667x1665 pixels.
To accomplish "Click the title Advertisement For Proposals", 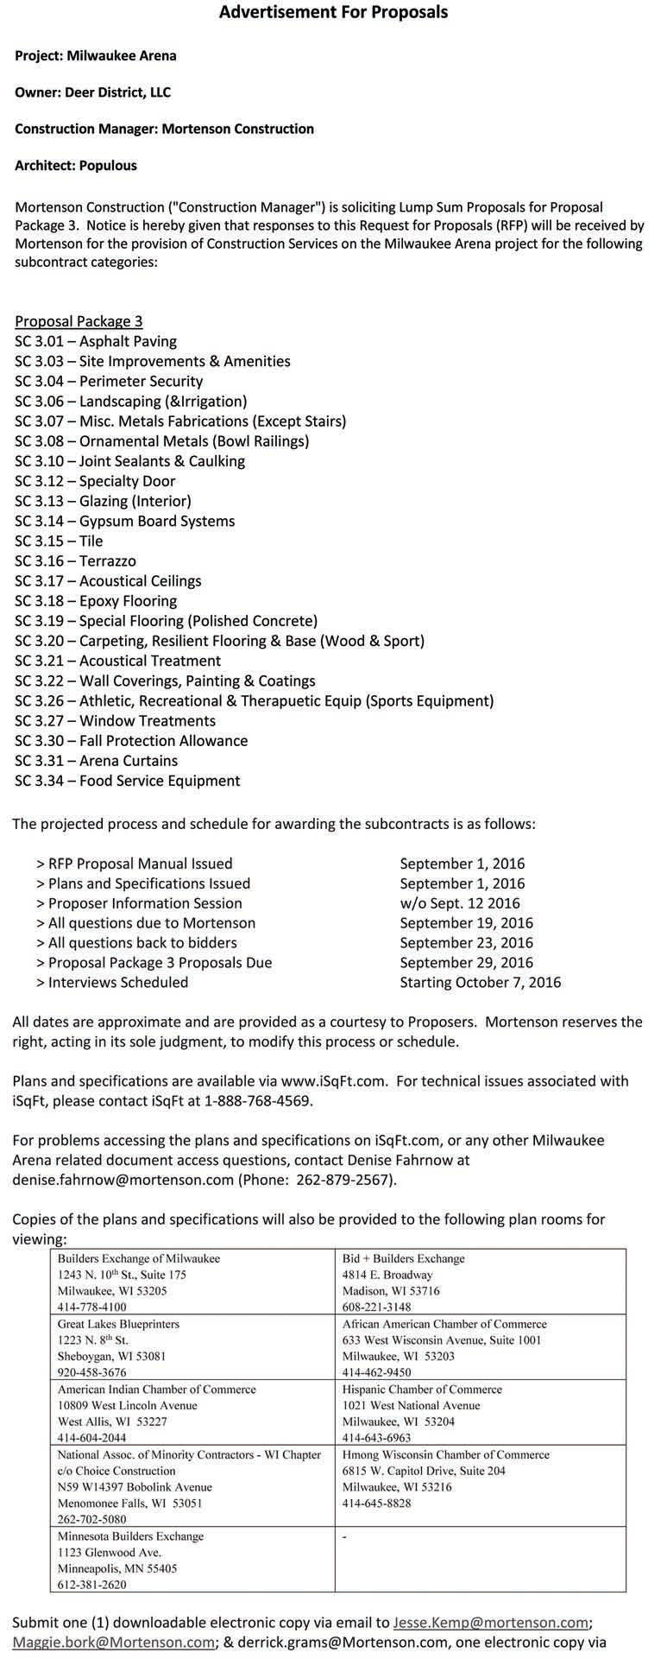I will point(333,12).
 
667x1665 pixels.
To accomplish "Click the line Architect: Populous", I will point(76,165).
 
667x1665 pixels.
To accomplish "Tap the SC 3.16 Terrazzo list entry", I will point(75,561).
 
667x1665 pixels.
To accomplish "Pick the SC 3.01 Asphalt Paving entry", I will point(96,341).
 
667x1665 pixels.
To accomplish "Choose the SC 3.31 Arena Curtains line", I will point(96,761).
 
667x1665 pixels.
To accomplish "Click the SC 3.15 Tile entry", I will point(59,541).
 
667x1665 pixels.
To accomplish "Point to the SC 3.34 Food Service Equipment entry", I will point(127,781).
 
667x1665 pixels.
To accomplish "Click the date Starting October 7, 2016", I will point(480,982).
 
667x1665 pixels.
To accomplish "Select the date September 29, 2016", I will point(466,962).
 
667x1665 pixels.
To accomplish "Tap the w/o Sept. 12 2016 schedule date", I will point(460,903).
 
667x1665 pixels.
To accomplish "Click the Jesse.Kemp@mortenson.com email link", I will point(491,1623).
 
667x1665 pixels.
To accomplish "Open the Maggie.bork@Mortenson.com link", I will point(113,1642).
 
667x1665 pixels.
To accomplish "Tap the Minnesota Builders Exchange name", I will point(130,1536).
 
